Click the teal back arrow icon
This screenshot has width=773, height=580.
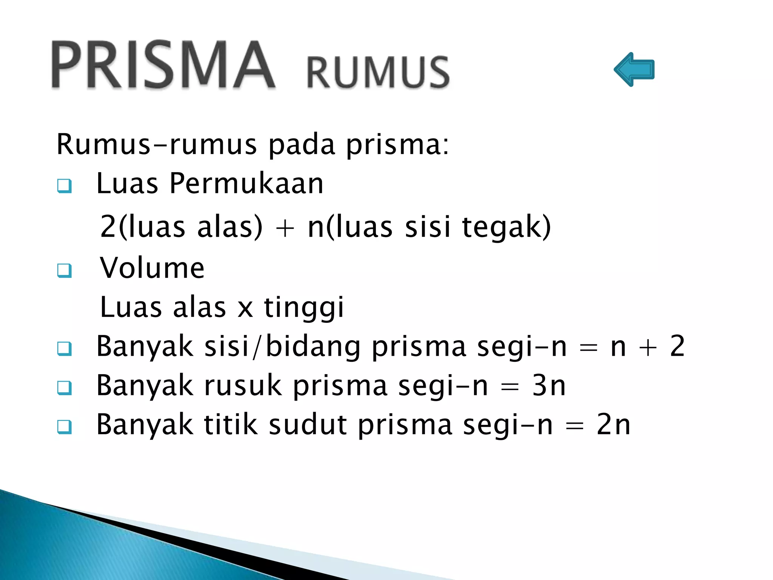tap(634, 69)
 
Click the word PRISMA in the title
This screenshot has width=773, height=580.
tap(163, 65)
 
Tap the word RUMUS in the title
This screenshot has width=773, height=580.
tap(378, 72)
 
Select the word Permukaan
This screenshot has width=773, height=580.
tap(246, 184)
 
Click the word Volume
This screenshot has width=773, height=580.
tap(152, 268)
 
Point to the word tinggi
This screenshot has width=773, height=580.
tap(304, 308)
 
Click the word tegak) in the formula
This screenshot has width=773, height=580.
tap(506, 227)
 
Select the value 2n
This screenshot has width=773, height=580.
tap(613, 425)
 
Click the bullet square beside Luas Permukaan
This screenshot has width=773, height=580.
tap(65, 186)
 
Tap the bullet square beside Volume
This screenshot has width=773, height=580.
tap(65, 270)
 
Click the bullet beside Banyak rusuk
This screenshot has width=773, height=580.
tap(65, 387)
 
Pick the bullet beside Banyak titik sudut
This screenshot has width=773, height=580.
tap(65, 427)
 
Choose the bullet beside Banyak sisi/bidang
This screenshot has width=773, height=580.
tap(65, 348)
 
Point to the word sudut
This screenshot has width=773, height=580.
tap(308, 425)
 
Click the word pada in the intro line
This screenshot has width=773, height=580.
tap(302, 145)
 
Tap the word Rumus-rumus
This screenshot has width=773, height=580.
tap(157, 145)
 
